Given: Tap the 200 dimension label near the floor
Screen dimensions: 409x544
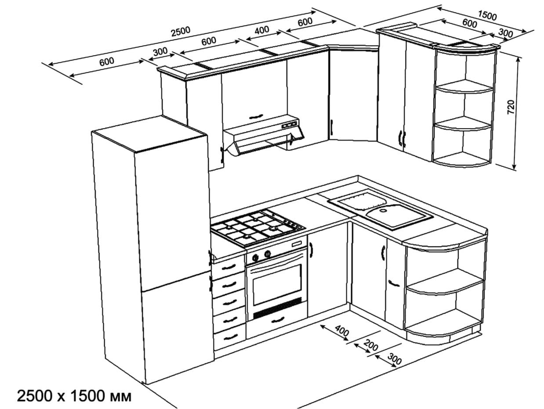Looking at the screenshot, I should [371, 347].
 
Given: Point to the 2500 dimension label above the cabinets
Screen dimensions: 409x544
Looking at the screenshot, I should [180, 31].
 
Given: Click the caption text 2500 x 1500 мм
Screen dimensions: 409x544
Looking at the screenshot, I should [74, 396].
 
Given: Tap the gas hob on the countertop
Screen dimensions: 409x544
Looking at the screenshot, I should [257, 226].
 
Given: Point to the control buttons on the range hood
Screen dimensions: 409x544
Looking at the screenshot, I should [289, 125].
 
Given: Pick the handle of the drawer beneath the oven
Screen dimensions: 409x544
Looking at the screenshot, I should [278, 320].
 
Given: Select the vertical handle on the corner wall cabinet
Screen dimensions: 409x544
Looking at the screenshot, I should [332, 127].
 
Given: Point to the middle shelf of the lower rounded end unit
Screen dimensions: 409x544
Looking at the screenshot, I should [444, 285].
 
